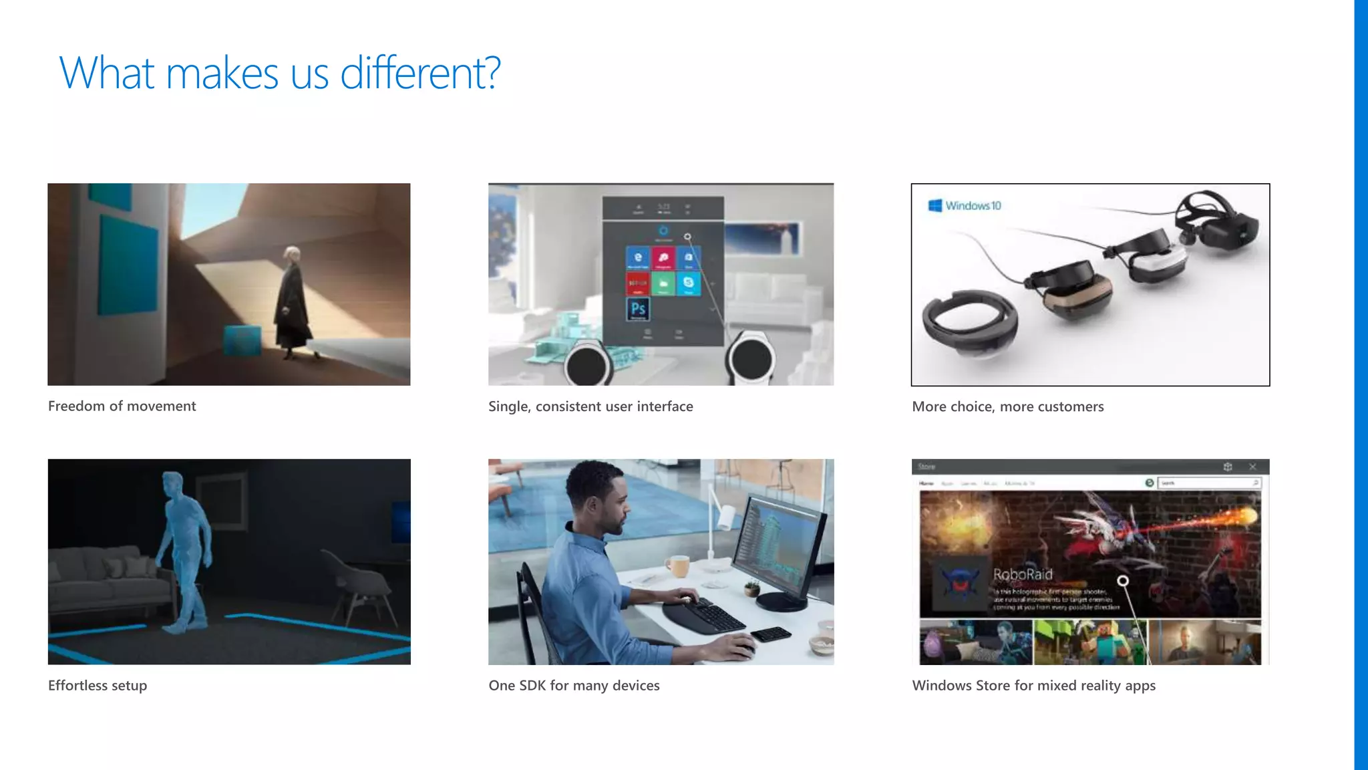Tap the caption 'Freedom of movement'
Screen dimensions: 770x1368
pos(122,406)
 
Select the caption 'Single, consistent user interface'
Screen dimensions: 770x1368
pos(590,406)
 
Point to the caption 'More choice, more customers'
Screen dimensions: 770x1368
pos(1007,406)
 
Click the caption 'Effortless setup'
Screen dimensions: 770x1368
pos(98,685)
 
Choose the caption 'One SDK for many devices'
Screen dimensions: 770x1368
pos(574,685)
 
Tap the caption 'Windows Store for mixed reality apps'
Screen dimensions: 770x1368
pos(1033,685)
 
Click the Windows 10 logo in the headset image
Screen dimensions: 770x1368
pos(965,206)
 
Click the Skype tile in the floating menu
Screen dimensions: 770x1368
pos(689,283)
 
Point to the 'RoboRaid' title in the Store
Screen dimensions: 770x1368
pos(1023,574)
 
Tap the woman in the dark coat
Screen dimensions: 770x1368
pos(292,301)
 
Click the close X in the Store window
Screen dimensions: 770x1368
pos(1252,467)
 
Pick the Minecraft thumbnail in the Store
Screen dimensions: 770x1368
pos(1090,642)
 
